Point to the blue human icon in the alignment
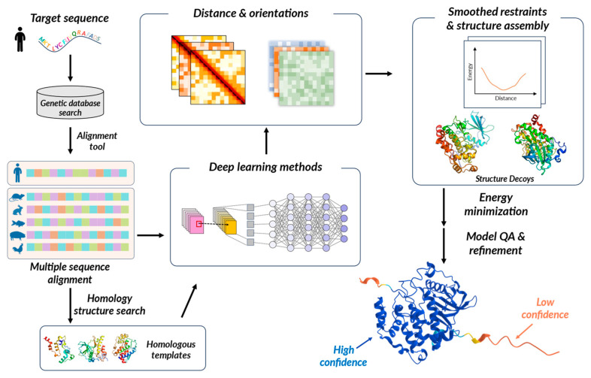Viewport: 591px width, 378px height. [x=19, y=174]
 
